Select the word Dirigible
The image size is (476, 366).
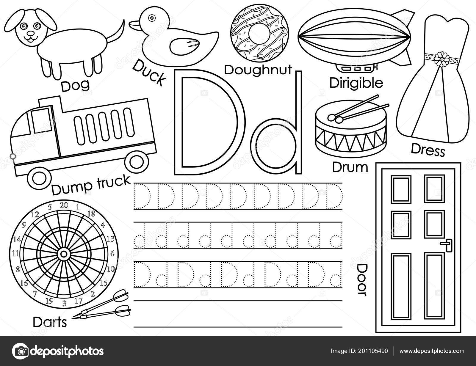coord(356,83)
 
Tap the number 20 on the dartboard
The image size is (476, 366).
coord(64,205)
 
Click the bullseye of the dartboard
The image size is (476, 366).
coord(64,254)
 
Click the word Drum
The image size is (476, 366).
coord(350,167)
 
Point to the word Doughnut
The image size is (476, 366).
coord(258,70)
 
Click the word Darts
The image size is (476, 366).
coord(50,322)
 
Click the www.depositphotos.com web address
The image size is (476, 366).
coord(432,351)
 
